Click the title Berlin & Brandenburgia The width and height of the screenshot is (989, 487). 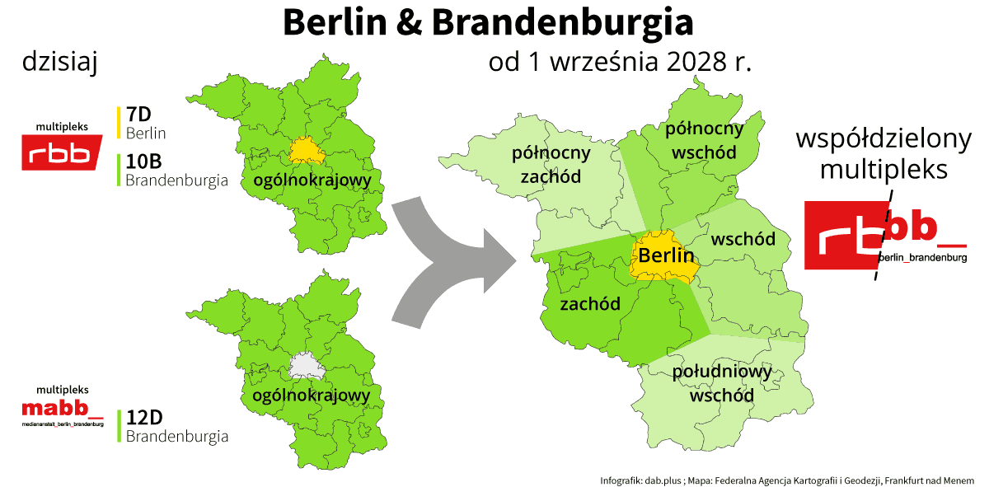coord(488,23)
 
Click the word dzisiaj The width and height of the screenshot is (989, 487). coord(61,63)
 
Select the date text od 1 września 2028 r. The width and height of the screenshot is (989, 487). coord(620,63)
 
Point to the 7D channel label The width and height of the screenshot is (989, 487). coord(138,114)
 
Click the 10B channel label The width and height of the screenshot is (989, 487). coord(143,161)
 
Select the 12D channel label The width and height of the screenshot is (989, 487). coord(143,417)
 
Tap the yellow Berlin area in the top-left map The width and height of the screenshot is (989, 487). coord(304,149)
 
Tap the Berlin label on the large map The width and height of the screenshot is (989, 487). coord(666,255)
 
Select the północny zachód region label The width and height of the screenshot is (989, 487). coord(551,165)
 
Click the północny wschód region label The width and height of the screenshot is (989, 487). coord(704,140)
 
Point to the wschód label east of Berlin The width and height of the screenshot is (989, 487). coord(743,239)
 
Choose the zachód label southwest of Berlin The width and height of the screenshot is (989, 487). coord(589,304)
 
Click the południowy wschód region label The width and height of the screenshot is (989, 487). coord(722,383)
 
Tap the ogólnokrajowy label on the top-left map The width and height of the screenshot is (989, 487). coord(312,180)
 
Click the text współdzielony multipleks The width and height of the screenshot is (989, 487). coord(884,154)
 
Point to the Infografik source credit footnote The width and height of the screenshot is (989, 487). coord(787,480)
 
